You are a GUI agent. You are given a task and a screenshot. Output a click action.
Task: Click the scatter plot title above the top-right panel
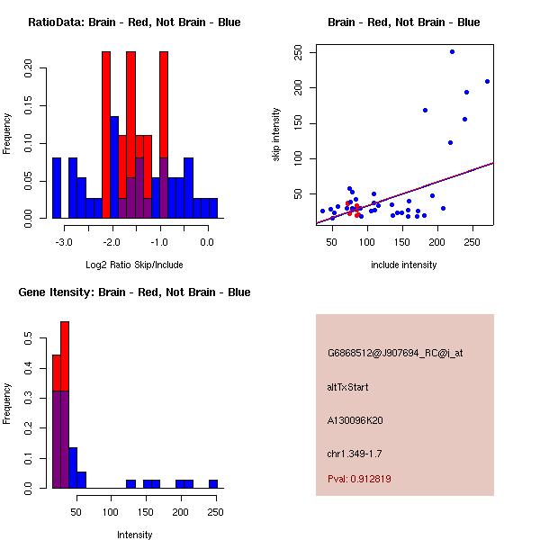point(403,22)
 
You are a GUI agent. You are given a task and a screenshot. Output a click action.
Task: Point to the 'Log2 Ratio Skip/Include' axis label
point(133,265)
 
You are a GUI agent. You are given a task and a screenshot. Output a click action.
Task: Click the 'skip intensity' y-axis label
point(276,135)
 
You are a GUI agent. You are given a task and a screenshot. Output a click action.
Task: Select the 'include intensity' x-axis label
point(403,265)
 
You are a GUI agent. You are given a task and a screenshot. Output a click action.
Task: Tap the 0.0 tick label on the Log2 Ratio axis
point(207,242)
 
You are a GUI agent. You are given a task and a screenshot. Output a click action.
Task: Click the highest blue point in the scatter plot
point(452,51)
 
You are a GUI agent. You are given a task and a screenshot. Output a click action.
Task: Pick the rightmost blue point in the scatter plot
point(487,81)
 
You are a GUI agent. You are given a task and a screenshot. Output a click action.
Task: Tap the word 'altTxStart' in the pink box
point(347,387)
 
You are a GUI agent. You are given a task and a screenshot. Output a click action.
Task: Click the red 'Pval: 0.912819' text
point(359,479)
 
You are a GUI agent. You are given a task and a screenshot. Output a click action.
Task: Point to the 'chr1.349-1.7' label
point(354,453)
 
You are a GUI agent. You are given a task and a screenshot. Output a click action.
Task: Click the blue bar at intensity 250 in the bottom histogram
point(213,484)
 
